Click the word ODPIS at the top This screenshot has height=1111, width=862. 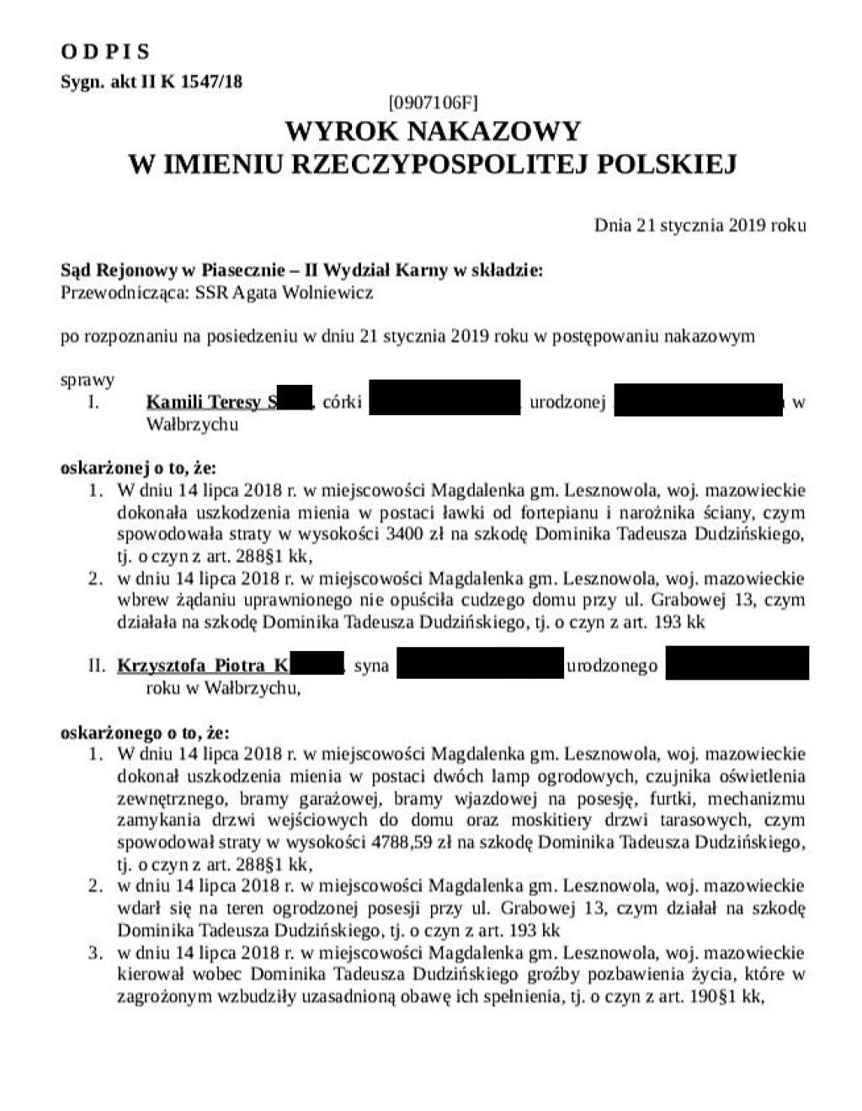click(x=105, y=52)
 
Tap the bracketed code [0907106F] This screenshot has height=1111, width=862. click(x=433, y=104)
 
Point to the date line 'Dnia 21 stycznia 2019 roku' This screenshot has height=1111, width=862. click(x=700, y=225)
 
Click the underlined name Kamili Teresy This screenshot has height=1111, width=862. click(x=203, y=402)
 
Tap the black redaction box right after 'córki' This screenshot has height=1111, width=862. click(x=444, y=398)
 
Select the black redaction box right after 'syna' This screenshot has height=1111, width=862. click(x=479, y=663)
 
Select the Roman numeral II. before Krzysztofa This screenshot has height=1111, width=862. click(x=97, y=665)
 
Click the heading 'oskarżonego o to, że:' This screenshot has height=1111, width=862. click(x=145, y=732)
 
